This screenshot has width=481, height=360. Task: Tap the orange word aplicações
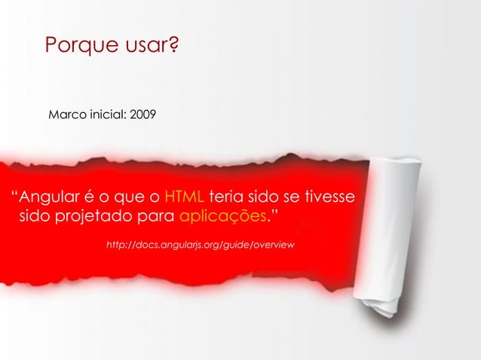click(224, 219)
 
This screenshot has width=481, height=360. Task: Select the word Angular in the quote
click(49, 199)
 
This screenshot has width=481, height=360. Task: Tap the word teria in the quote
click(227, 199)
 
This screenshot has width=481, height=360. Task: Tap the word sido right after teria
click(263, 199)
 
